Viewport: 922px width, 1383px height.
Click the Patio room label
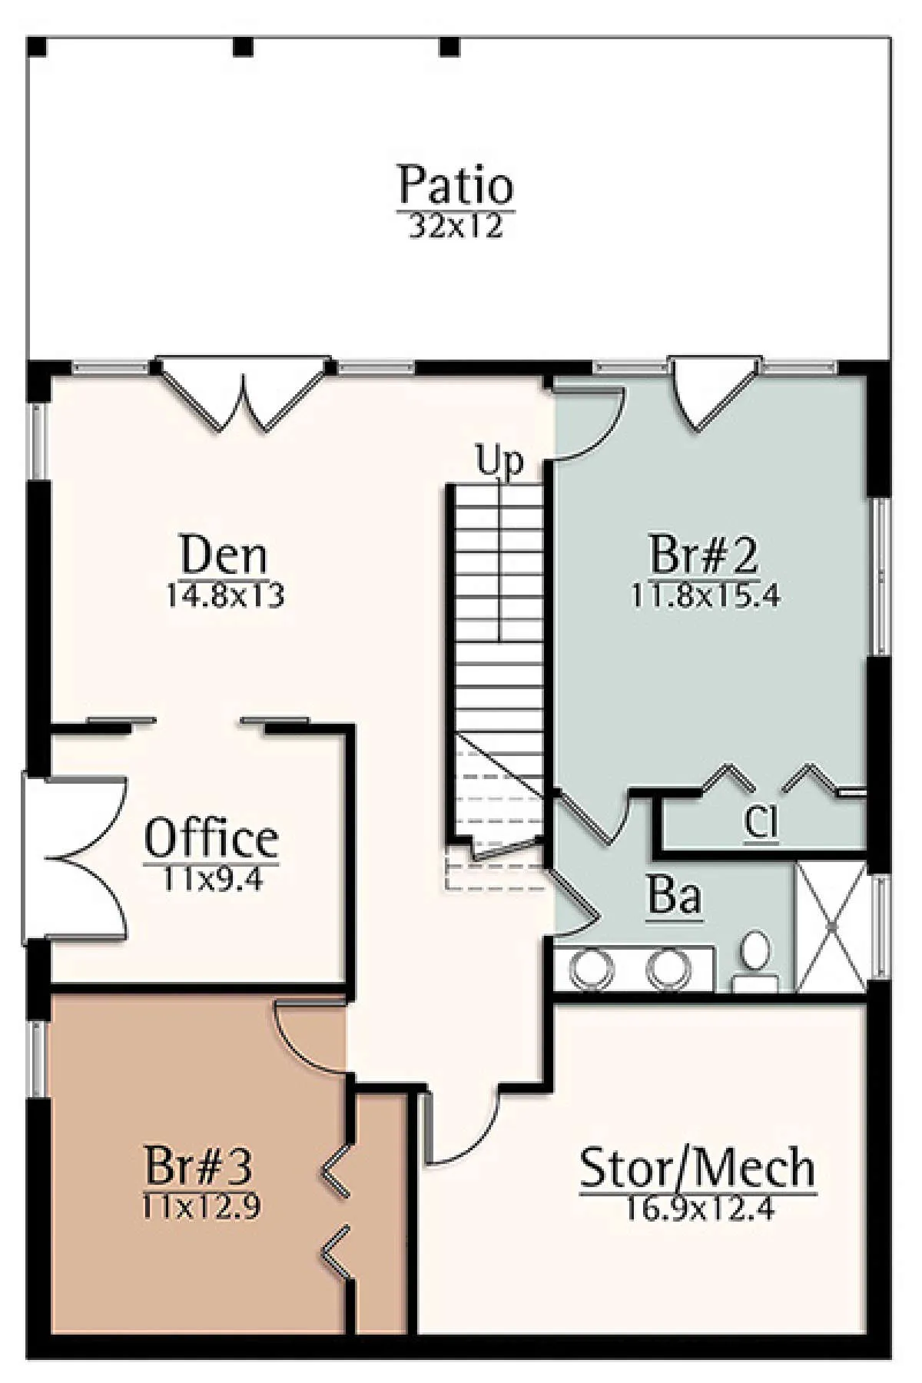point(456,184)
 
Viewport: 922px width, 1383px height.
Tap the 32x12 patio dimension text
point(456,226)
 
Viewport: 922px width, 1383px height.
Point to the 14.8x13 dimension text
point(225,595)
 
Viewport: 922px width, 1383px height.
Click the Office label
point(211,838)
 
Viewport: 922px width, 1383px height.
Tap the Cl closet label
point(761,824)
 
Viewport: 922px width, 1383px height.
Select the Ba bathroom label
point(675,896)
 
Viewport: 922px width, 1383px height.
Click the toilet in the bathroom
point(756,960)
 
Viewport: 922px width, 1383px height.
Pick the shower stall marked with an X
point(831,927)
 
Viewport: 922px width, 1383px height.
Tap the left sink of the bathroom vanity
point(592,969)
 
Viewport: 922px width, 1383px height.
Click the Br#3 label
point(198,1165)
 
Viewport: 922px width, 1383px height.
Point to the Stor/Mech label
point(698,1168)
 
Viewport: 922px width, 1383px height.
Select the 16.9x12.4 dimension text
point(699,1209)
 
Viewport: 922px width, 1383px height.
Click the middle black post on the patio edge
point(244,47)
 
